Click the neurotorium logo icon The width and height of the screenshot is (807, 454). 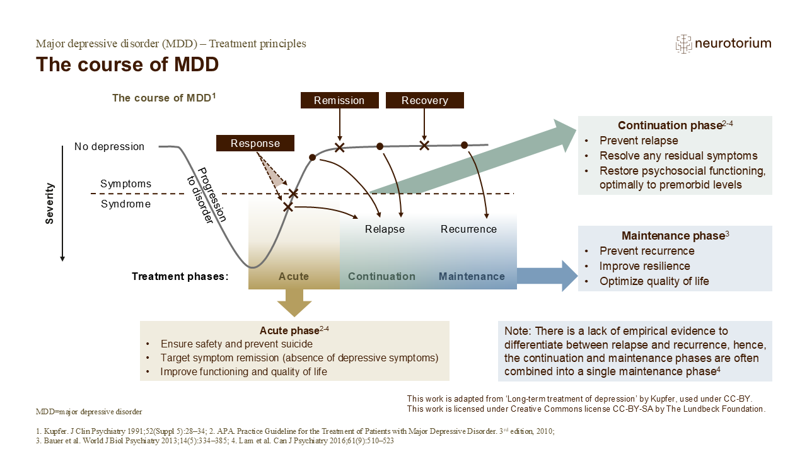coord(683,44)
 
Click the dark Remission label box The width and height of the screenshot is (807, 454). coord(339,100)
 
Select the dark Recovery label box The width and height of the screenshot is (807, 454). coord(424,100)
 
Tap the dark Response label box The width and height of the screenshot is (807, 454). coord(255,143)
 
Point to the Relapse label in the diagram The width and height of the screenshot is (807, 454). coord(385,229)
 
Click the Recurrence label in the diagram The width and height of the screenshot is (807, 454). coord(468,229)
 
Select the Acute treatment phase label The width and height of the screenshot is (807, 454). coord(294,276)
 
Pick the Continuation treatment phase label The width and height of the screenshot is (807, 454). coord(381,276)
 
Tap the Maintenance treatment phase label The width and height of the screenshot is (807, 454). coord(472,276)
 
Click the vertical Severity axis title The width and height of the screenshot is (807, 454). coord(50,203)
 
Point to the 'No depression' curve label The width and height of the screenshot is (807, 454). coord(109,146)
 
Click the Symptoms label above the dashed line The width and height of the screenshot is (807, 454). coord(126,183)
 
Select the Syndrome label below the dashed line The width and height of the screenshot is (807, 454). coord(125,204)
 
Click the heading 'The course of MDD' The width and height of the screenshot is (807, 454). coord(127,64)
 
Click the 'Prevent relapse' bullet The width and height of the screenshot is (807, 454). coord(639,141)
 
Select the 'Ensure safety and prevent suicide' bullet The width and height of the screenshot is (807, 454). coord(236,344)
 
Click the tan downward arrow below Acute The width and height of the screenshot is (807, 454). coord(294,303)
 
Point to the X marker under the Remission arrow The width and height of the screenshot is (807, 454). coord(340,148)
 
